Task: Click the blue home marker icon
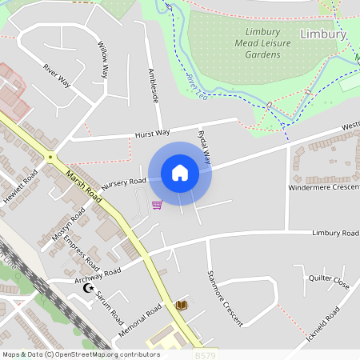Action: click(180, 173)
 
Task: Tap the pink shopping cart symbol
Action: click(157, 205)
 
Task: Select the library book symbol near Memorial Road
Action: click(181, 305)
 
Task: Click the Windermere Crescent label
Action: click(324, 186)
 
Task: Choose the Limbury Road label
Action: click(334, 233)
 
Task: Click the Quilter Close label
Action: click(329, 282)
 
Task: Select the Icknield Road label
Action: click(322, 326)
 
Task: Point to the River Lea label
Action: click(197, 86)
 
